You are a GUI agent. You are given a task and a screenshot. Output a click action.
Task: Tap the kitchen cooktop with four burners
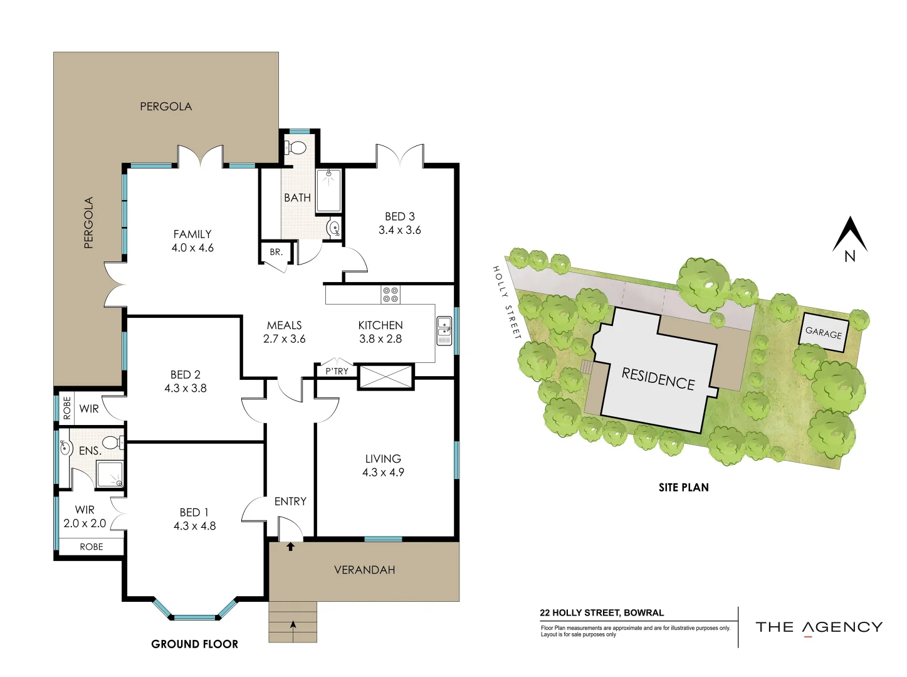[391, 295]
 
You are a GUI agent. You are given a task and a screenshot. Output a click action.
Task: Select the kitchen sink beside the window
[444, 330]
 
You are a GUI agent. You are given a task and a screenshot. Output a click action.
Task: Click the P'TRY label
[337, 371]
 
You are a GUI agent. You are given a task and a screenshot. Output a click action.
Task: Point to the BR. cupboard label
[276, 252]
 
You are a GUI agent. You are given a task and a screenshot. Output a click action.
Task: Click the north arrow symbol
[849, 238]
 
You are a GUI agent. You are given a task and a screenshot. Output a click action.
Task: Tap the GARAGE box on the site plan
[824, 332]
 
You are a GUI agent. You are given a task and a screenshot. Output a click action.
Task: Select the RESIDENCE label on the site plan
[658, 379]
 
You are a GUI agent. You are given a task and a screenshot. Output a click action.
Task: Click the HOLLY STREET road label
[506, 302]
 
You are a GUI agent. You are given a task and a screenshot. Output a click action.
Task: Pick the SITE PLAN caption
[683, 487]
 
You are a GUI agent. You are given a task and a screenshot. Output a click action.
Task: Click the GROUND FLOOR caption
[194, 644]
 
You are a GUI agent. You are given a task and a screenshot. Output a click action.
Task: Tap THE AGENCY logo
[819, 627]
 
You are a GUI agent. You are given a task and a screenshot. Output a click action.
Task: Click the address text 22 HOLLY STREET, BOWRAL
[602, 612]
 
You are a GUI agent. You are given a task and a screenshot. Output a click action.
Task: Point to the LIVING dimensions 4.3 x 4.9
[383, 473]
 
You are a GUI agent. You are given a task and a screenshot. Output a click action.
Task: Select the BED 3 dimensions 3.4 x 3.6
[399, 230]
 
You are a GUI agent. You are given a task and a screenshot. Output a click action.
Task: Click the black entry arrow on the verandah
[290, 547]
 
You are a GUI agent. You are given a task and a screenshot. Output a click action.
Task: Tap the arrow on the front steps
[293, 624]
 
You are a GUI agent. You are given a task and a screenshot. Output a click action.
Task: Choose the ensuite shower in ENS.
[110, 475]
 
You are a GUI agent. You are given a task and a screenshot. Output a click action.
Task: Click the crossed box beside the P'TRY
[385, 377]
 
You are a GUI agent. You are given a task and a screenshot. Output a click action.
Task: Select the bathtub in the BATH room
[328, 190]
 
